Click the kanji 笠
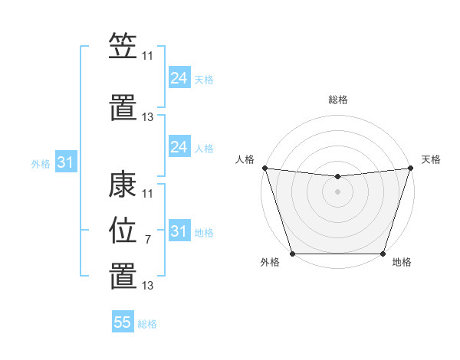click(x=123, y=47)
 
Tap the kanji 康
click(x=123, y=186)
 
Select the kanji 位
click(x=123, y=230)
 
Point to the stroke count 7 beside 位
click(x=147, y=240)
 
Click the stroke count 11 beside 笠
click(x=147, y=55)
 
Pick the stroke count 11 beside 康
click(x=147, y=193)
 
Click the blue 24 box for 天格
click(x=179, y=78)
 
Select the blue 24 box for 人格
click(x=179, y=147)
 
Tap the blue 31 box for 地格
click(x=179, y=231)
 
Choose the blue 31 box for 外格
click(x=65, y=162)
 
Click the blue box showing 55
click(x=123, y=322)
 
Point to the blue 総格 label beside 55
click(x=147, y=324)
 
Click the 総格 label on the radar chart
click(x=337, y=100)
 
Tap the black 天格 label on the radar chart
click(x=431, y=159)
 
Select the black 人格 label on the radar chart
click(x=245, y=159)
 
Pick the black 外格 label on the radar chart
click(x=270, y=263)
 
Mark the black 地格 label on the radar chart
click(x=402, y=263)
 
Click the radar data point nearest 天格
click(x=410, y=168)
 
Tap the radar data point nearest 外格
click(x=292, y=254)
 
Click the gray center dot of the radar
click(x=337, y=191)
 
